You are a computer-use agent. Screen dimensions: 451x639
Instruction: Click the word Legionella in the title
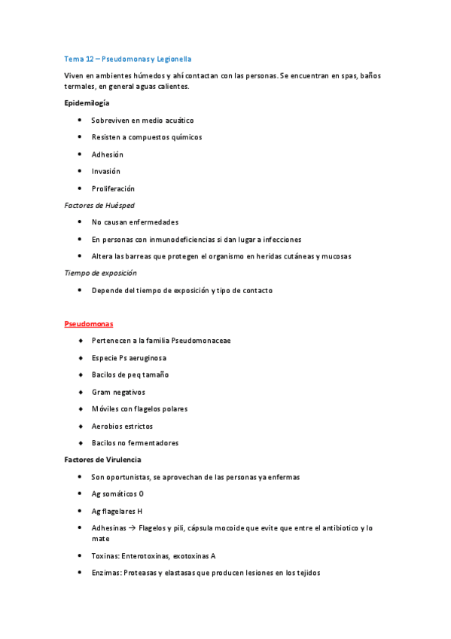pos(175,58)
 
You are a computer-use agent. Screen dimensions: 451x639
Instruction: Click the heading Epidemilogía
pos(87,103)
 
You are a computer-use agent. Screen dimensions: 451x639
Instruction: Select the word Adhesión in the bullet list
pos(107,154)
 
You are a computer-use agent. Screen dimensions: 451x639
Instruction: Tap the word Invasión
pos(105,171)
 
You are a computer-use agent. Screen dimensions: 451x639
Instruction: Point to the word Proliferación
pos(113,188)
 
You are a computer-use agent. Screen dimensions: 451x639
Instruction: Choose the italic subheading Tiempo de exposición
pos(100,273)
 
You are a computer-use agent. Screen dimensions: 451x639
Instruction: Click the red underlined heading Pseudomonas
pos(88,324)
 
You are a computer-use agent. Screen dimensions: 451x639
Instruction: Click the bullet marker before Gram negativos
pos(80,392)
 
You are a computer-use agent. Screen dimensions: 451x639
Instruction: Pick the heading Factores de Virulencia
pos(102,460)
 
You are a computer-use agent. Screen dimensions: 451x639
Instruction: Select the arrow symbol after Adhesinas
pos(131,528)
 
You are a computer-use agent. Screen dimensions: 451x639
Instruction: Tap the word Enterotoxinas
pos(147,556)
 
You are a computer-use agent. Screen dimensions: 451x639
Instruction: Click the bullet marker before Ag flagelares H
pos(80,511)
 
